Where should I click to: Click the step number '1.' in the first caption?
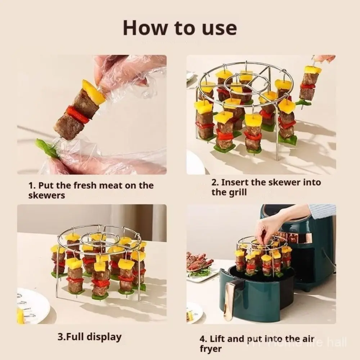(x=32, y=186)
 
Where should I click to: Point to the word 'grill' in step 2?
(x=229, y=192)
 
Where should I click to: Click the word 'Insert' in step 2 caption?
(x=235, y=182)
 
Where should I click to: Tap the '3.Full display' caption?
(x=89, y=337)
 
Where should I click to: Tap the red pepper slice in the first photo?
(x=77, y=114)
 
